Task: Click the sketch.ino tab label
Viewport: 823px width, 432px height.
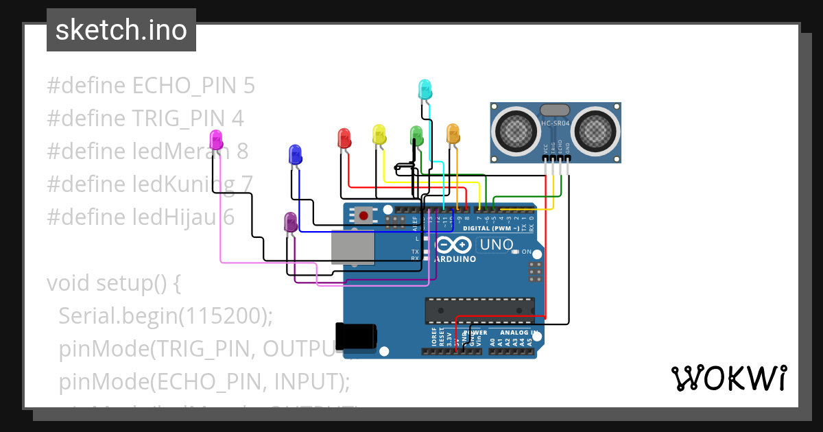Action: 121,30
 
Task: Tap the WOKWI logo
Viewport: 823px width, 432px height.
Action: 728,378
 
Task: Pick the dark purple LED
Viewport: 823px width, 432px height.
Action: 290,221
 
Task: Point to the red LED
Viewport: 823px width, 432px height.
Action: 344,138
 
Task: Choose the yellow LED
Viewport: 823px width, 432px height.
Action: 379,134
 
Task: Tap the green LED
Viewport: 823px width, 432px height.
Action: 416,134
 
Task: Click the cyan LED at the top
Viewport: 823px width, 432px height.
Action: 425,89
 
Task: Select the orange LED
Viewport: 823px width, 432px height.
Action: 453,133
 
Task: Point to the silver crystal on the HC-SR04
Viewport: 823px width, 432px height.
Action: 555,110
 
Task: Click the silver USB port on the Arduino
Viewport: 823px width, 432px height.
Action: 353,247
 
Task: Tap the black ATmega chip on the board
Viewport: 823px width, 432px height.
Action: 479,310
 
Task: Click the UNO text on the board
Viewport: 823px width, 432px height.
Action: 496,245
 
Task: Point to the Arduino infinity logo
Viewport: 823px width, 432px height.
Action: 453,245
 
